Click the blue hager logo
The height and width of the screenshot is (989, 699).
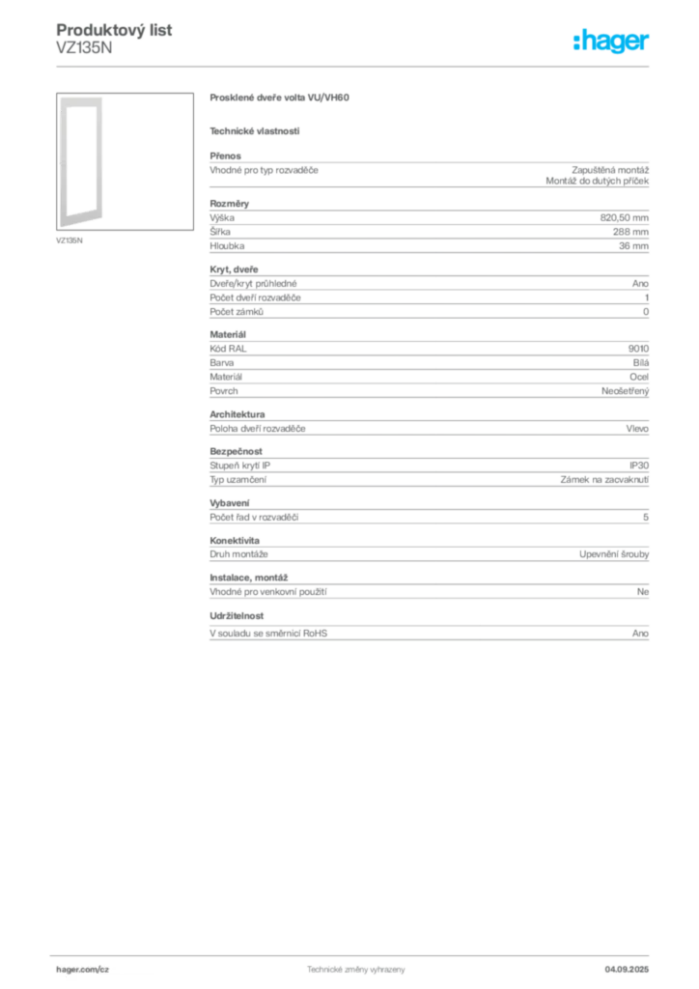[x=613, y=42]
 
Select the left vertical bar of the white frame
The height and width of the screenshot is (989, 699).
[x=61, y=159]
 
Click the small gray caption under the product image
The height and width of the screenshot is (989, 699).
[x=70, y=240]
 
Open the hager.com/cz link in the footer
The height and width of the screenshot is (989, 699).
[x=82, y=968]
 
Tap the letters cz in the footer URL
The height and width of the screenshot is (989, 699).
[x=102, y=968]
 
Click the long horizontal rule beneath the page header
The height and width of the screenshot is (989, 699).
[x=355, y=66]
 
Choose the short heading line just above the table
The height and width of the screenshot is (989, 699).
[x=255, y=131]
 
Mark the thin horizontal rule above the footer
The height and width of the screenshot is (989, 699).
[x=355, y=953]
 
